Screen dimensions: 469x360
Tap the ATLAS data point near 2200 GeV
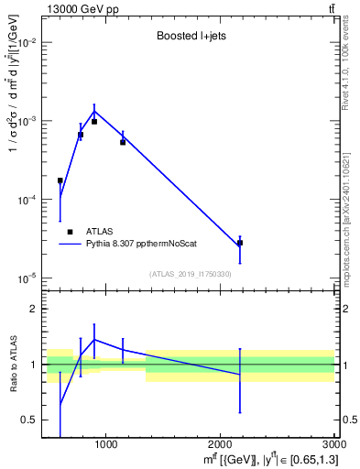(x=240, y=243)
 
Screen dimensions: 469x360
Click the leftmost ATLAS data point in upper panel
(x=60, y=180)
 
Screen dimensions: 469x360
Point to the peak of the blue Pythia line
(x=94, y=112)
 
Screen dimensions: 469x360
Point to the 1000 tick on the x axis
(x=106, y=444)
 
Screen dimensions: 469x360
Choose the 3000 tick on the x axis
(x=333, y=444)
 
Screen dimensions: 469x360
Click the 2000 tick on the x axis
(x=220, y=444)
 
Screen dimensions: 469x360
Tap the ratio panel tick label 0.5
(x=29, y=420)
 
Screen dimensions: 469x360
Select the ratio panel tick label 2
(x=33, y=309)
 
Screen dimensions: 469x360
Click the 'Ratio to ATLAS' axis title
(x=13, y=364)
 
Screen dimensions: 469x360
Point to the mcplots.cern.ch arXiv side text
(x=351, y=206)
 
